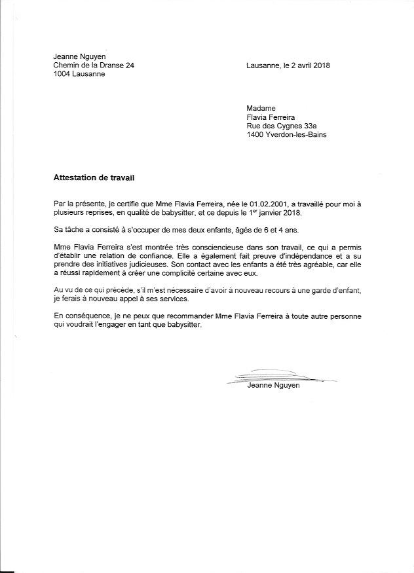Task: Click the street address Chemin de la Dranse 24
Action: [98, 65]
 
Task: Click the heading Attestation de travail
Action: [94, 177]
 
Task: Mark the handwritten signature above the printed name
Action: [278, 377]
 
